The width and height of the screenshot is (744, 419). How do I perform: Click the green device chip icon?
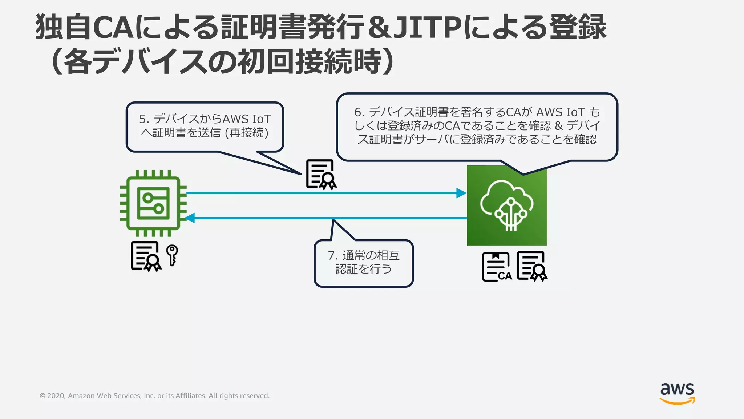(x=153, y=203)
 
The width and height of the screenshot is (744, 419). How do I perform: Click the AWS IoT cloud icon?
(x=506, y=205)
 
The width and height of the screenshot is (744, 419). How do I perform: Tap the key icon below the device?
(x=172, y=255)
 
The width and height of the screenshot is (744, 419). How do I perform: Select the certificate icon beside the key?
(x=146, y=256)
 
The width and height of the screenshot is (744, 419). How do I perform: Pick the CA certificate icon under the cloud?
(x=496, y=267)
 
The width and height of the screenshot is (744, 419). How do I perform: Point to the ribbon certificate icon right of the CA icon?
(x=532, y=266)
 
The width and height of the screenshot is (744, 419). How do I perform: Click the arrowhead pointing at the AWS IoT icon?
(x=461, y=193)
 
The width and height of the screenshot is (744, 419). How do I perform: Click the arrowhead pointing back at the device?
(x=190, y=218)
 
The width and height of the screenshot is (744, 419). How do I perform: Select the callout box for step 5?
(x=205, y=127)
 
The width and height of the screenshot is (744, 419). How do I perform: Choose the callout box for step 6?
(x=477, y=126)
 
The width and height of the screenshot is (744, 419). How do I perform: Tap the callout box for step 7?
(x=364, y=263)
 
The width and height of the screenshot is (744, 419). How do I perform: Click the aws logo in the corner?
(x=677, y=393)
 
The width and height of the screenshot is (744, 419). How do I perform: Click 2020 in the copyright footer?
(x=56, y=396)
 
